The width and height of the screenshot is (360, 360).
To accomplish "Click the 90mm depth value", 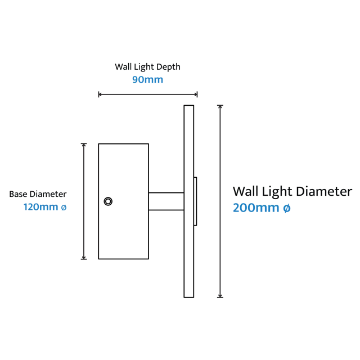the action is pyautogui.click(x=147, y=80).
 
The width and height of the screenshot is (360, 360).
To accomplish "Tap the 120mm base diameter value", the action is pyautogui.click(x=41, y=207).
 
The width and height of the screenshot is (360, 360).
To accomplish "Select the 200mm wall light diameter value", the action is pyautogui.click(x=256, y=208).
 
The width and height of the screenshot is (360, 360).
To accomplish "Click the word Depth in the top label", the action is pyautogui.click(x=169, y=67).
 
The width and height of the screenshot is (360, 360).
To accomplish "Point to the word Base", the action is pyautogui.click(x=19, y=194).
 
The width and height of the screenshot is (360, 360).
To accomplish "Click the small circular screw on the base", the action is pyautogui.click(x=108, y=201).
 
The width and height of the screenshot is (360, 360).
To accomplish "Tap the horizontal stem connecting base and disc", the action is pyautogui.click(x=166, y=201).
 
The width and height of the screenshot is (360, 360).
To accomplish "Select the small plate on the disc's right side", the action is pyautogui.click(x=195, y=201).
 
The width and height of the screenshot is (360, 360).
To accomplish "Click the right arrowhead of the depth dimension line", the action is pyautogui.click(x=196, y=94).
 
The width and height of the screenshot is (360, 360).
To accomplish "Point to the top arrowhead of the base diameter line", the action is pyautogui.click(x=84, y=145).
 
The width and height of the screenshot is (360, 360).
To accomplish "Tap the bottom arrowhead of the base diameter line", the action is pyautogui.click(x=84, y=258).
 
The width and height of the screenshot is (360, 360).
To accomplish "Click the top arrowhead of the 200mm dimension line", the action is pyautogui.click(x=220, y=107).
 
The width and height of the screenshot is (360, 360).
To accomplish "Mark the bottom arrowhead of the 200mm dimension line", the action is pyautogui.click(x=220, y=296).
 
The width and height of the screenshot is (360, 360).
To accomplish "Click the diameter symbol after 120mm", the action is pyautogui.click(x=64, y=208).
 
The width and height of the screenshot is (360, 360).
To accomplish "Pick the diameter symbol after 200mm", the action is pyautogui.click(x=287, y=208).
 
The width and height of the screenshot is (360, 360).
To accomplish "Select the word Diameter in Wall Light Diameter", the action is pyautogui.click(x=324, y=191).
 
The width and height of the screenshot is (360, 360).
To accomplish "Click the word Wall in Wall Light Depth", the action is pyautogui.click(x=123, y=67).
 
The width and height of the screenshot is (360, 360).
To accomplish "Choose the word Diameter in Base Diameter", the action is pyautogui.click(x=48, y=194).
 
